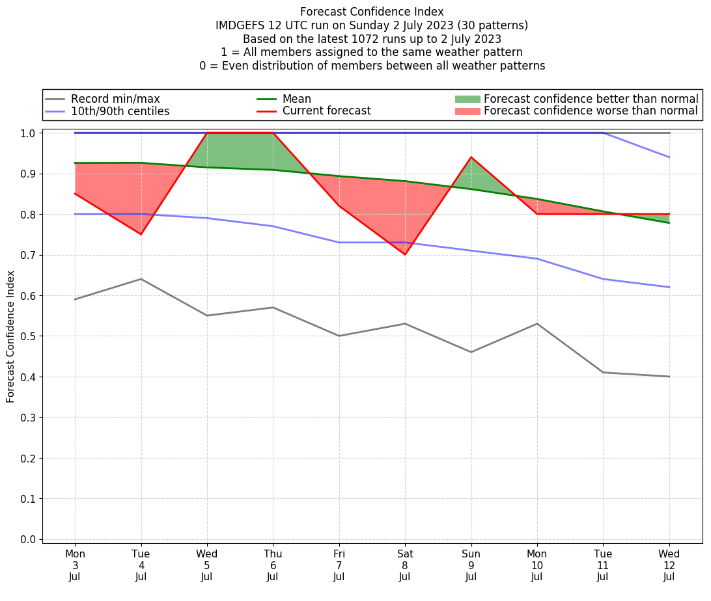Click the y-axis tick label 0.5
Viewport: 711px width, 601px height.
(x=29, y=336)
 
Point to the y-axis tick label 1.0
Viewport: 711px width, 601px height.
(x=29, y=133)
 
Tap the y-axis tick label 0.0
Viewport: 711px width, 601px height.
(x=29, y=539)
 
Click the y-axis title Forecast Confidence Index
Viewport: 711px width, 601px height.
(x=11, y=336)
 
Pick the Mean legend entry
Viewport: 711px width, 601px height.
(x=296, y=99)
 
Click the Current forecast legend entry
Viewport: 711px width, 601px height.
(x=326, y=111)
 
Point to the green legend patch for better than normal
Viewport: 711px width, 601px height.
(x=467, y=99)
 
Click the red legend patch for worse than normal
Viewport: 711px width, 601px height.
(x=467, y=111)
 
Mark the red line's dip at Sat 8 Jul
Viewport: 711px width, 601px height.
(x=404, y=254)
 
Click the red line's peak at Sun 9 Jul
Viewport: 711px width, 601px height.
(x=471, y=157)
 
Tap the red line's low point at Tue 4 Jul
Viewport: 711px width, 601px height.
(x=141, y=234)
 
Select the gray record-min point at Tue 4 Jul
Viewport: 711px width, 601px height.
(x=141, y=279)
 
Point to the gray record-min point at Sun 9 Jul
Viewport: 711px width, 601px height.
(x=471, y=352)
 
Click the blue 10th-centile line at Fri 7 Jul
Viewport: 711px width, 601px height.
(x=339, y=243)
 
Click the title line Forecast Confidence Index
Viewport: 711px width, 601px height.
(x=372, y=12)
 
